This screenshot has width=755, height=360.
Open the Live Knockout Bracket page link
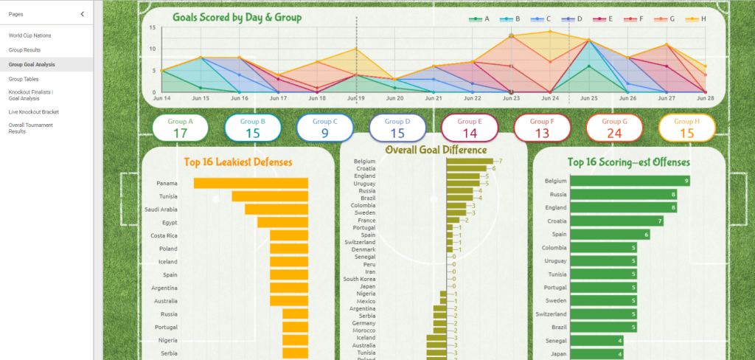click(34, 112)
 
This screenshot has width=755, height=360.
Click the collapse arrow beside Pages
click(82, 14)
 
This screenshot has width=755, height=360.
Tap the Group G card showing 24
click(614, 128)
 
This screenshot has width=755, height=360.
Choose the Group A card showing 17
click(181, 128)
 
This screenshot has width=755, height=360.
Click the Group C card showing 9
click(325, 128)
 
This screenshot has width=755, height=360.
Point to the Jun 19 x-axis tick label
click(356, 98)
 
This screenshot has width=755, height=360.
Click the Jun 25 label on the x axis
click(589, 98)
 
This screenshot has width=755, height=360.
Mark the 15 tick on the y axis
click(152, 28)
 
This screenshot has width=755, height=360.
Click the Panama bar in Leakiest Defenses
click(251, 183)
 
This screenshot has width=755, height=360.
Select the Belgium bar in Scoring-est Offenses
click(631, 181)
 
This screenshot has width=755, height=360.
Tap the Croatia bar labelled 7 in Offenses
click(618, 221)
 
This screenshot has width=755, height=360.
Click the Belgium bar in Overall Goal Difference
click(472, 161)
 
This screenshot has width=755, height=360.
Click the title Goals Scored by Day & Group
click(237, 17)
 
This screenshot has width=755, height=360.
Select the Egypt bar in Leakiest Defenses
click(282, 222)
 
